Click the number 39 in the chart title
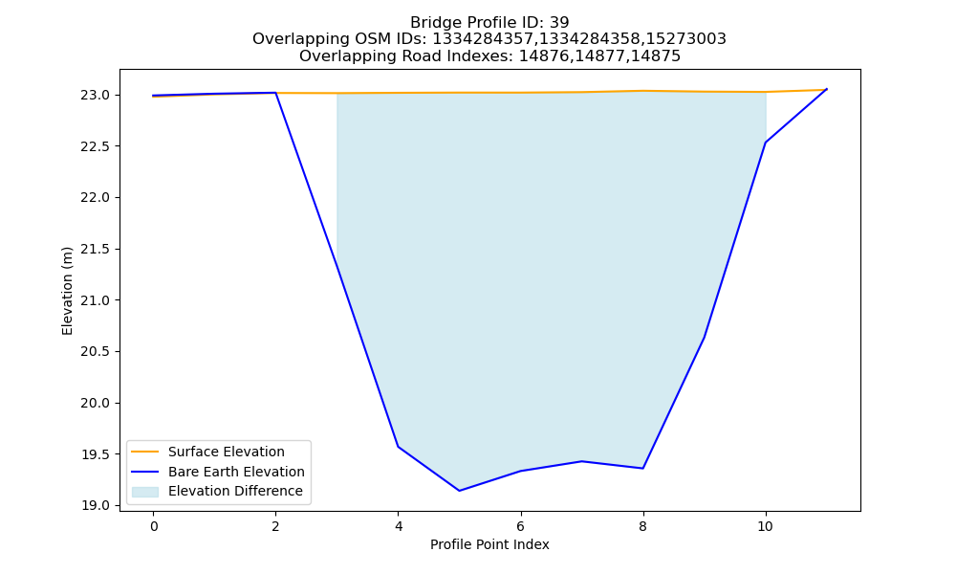click(559, 23)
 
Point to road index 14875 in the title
click(661, 56)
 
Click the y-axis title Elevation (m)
click(67, 291)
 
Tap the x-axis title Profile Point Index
click(489, 544)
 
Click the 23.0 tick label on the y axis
click(95, 95)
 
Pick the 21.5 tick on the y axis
click(95, 249)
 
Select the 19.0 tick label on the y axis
click(95, 506)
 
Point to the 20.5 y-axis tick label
click(95, 352)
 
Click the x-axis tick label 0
click(154, 526)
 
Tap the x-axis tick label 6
click(521, 526)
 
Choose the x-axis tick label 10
click(765, 526)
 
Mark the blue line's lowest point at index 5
click(459, 491)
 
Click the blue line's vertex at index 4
click(398, 447)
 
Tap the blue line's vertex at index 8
click(642, 469)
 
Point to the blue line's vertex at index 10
click(765, 143)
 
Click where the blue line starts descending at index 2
click(275, 93)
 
